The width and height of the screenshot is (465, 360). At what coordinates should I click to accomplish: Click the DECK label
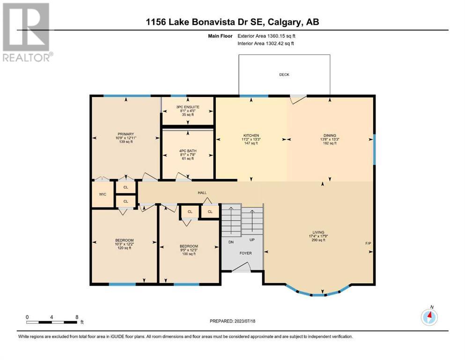click(x=284, y=75)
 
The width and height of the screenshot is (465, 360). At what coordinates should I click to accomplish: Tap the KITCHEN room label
click(x=251, y=135)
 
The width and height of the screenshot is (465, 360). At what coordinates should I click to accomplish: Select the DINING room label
click(x=330, y=135)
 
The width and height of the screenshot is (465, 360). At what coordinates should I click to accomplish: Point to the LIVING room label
click(x=318, y=232)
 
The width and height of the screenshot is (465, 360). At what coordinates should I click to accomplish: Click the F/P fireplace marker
click(x=368, y=243)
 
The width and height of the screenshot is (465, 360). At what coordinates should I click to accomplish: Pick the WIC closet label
click(x=103, y=195)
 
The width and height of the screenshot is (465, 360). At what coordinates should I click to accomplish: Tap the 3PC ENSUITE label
click(x=188, y=107)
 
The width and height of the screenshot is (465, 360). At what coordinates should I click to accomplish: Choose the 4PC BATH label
click(x=188, y=151)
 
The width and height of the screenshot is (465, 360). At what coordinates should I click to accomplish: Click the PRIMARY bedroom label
click(x=126, y=134)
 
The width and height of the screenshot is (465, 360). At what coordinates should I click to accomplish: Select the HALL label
click(x=202, y=193)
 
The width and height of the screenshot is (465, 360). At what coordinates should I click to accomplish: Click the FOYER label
click(x=245, y=253)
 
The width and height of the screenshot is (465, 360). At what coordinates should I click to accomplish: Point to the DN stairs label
click(x=231, y=242)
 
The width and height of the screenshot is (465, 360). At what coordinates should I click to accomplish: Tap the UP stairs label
click(x=252, y=240)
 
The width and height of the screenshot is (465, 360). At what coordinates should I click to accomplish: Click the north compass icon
click(x=429, y=317)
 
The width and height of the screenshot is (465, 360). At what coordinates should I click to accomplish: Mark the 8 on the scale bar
click(x=77, y=317)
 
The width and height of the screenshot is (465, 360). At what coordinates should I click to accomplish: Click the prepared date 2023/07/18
click(x=244, y=321)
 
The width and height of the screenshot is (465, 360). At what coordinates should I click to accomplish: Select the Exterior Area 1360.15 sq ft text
click(x=266, y=36)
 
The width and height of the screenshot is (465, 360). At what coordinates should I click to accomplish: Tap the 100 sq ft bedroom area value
click(x=189, y=254)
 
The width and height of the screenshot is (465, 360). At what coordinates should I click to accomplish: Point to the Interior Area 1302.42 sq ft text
click(x=266, y=43)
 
